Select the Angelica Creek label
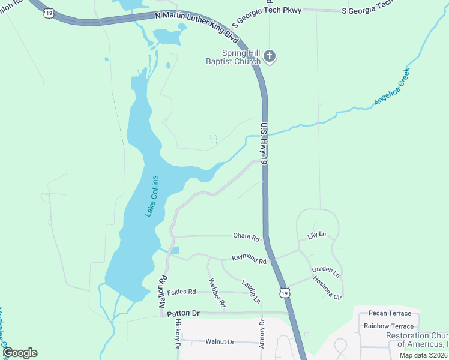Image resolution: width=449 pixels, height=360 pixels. pos(391,88)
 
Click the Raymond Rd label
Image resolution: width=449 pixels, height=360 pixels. pos(249,260)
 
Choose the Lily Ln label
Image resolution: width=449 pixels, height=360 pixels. pos(316,235)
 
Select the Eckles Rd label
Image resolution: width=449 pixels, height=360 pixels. pos(182,292)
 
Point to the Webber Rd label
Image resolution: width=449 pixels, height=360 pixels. pos(217,293)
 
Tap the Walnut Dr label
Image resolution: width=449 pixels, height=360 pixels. pos(219,341)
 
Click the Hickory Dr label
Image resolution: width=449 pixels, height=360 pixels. pos(178,334)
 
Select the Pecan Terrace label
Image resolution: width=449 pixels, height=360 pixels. pos(390,313)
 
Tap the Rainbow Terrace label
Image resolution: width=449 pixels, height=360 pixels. pos(388,326)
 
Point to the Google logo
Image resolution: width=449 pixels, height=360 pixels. pos(19,352)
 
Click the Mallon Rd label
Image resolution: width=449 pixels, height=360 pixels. pos(162,292)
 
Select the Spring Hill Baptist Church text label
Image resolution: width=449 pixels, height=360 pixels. pos(233,57)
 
